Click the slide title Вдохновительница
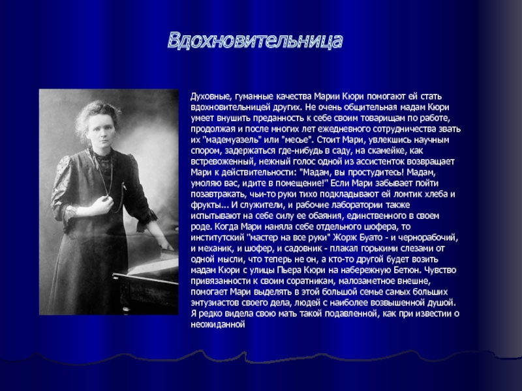pyautogui.click(x=255, y=41)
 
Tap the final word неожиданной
pyautogui.click(x=218, y=325)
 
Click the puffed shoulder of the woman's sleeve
pyautogui.click(x=65, y=170)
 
